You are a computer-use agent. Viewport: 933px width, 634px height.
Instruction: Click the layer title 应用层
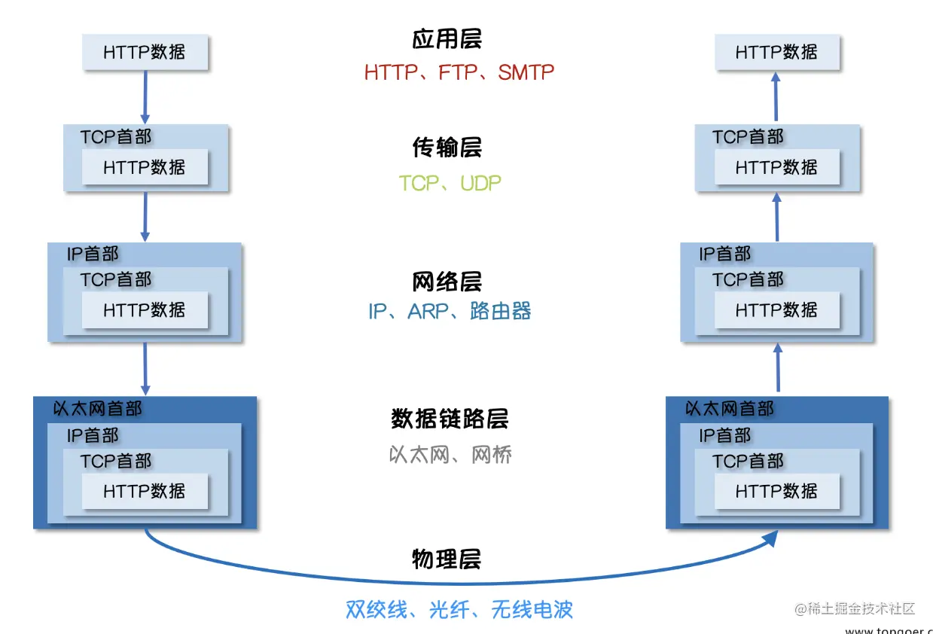[x=447, y=39]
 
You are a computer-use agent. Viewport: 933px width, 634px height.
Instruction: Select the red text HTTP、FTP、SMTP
[x=459, y=72]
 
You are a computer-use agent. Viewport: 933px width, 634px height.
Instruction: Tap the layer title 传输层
[x=447, y=148]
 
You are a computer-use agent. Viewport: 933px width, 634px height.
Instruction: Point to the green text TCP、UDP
[x=450, y=183]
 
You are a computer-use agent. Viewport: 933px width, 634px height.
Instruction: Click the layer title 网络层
[x=447, y=282]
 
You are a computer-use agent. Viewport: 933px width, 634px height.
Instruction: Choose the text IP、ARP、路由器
[x=450, y=311]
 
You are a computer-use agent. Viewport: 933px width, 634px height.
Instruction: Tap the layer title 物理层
[x=447, y=559]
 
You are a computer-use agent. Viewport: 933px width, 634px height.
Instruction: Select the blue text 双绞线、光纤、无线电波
[x=459, y=609]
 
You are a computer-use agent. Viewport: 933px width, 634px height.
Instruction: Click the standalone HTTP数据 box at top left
[x=145, y=53]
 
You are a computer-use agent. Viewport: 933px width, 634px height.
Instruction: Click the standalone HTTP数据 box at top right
[x=776, y=53]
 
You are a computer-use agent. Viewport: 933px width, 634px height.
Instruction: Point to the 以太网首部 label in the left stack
[x=98, y=409]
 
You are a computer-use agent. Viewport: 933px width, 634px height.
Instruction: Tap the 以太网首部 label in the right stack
[x=730, y=409]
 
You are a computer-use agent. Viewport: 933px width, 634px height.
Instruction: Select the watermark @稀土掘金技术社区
[x=855, y=608]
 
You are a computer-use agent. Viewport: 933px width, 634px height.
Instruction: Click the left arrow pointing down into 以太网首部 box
[x=145, y=370]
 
